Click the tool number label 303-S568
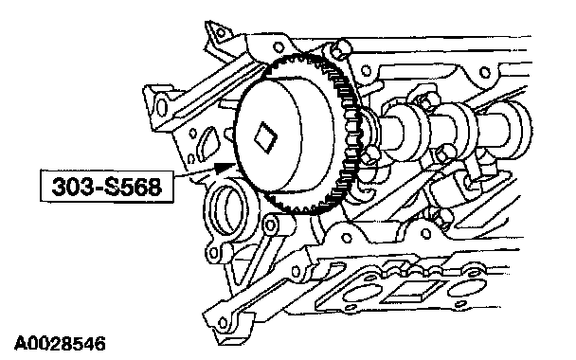[106, 187]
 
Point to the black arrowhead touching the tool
[225, 168]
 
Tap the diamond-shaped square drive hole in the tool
[266, 137]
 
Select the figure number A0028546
[60, 344]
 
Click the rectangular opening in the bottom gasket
[411, 292]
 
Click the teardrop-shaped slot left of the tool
[207, 144]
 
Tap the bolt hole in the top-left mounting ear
[221, 33]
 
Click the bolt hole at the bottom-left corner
[223, 323]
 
